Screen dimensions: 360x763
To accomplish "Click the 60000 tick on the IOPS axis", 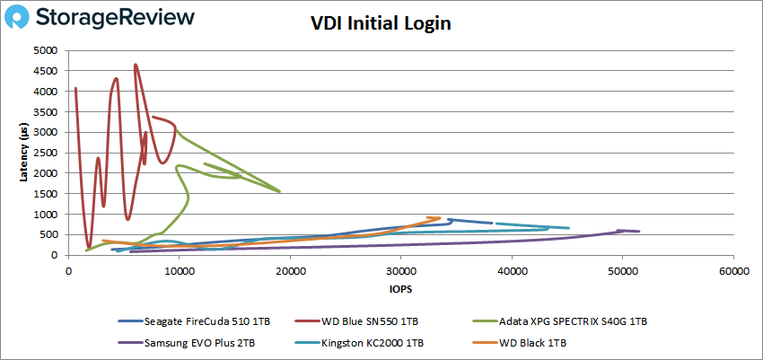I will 732,268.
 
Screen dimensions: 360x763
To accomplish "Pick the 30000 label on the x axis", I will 400,268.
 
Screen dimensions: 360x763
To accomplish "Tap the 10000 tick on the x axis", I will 179,268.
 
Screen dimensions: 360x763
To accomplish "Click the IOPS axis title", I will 400,290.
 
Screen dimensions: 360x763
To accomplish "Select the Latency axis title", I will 23,153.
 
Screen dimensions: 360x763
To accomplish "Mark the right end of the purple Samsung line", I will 639,232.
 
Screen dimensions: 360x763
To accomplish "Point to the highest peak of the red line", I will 135,65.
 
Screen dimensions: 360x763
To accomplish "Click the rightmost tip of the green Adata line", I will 280,191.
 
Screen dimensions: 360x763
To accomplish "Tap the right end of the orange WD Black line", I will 439,218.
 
